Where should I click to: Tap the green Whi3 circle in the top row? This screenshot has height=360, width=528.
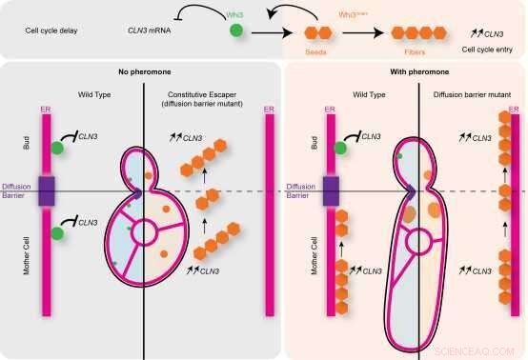235,32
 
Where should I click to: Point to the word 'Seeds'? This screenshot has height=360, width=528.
316,51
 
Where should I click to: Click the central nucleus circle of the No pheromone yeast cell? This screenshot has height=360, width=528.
147,230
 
